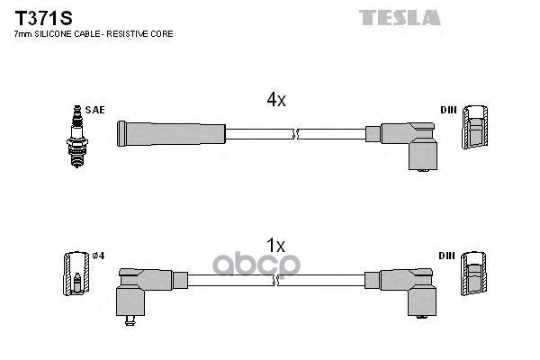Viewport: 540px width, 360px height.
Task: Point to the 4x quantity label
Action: point(275,101)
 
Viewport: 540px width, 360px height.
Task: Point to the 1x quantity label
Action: point(275,244)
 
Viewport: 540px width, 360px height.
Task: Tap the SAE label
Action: point(96,110)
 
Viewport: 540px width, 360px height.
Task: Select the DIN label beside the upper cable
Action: point(447,110)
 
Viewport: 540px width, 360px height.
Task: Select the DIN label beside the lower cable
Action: point(447,256)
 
